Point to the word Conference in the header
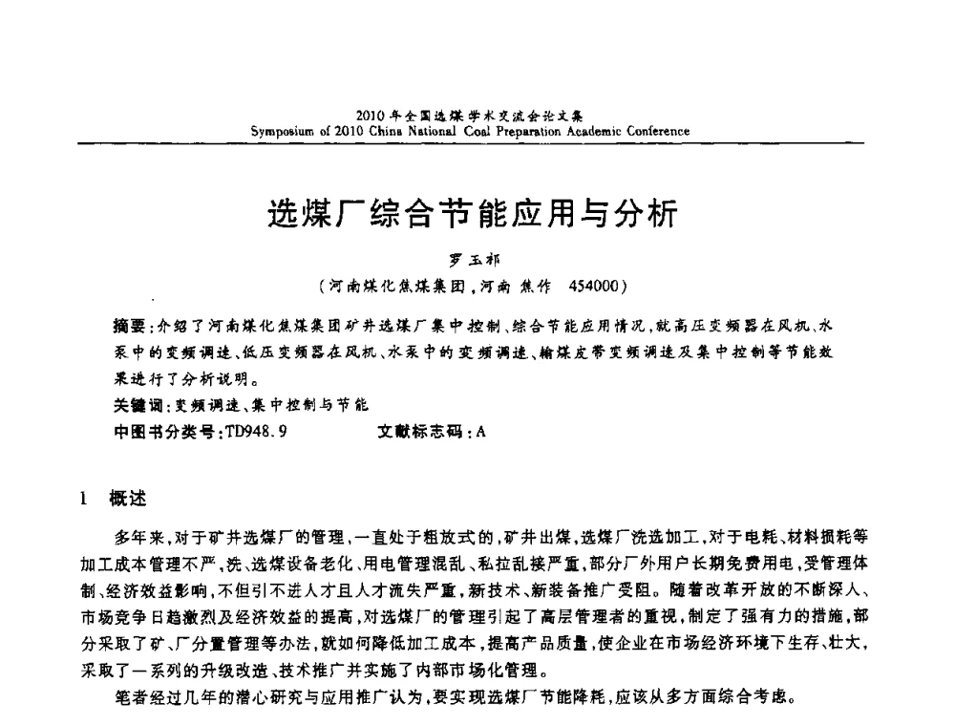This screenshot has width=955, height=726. click(x=656, y=131)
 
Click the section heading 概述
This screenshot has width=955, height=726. click(x=129, y=497)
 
